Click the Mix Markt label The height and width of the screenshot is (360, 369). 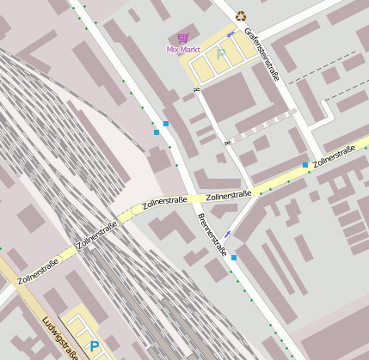(182, 50)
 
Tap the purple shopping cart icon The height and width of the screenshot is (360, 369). (182, 38)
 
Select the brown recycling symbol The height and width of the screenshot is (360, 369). (241, 15)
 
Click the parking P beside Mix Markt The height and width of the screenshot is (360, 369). (221, 53)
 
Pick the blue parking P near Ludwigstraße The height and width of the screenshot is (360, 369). (94, 346)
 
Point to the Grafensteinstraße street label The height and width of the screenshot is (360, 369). (261, 55)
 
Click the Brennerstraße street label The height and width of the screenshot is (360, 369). (211, 235)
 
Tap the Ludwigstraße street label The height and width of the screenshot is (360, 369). (59, 337)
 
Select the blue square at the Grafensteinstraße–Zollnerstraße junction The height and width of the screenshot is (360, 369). (304, 165)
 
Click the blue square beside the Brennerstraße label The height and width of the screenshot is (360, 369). (233, 257)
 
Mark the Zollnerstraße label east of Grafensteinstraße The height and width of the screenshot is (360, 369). (335, 156)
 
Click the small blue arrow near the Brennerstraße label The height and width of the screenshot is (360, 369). (227, 234)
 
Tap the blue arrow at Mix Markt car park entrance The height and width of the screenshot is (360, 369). (230, 36)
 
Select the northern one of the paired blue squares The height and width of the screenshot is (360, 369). (165, 124)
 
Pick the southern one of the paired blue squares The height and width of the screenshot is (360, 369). (156, 132)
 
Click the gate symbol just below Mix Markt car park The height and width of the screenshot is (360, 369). (197, 89)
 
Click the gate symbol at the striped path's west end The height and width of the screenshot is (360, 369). (228, 142)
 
